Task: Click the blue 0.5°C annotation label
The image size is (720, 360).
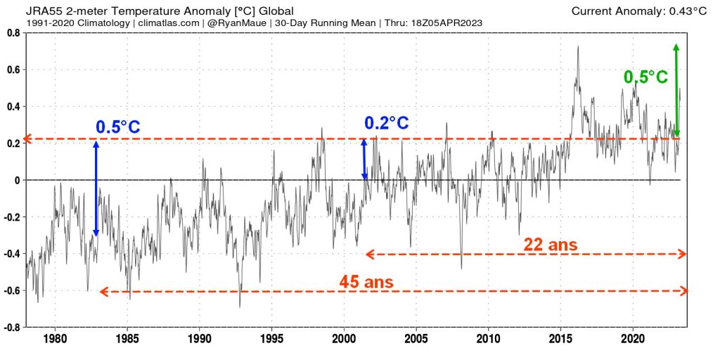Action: (x=118, y=127)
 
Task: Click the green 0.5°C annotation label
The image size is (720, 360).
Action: (x=645, y=77)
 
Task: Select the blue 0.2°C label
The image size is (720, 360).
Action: (x=386, y=123)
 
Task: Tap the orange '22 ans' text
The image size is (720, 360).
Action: (x=551, y=245)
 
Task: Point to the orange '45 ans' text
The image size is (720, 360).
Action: (x=366, y=282)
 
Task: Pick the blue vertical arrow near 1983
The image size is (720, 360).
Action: (x=96, y=188)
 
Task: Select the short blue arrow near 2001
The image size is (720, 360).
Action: (x=364, y=160)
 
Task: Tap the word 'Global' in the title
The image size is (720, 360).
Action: (x=274, y=11)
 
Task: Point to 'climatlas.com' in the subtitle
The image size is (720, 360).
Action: (x=165, y=22)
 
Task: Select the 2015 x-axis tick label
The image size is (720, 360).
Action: (x=560, y=339)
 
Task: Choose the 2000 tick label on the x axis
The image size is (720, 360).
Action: (x=344, y=339)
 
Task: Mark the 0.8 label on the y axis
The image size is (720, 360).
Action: (x=13, y=32)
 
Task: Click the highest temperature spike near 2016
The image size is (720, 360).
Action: (x=578, y=47)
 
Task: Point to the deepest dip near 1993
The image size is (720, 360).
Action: (x=240, y=307)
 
